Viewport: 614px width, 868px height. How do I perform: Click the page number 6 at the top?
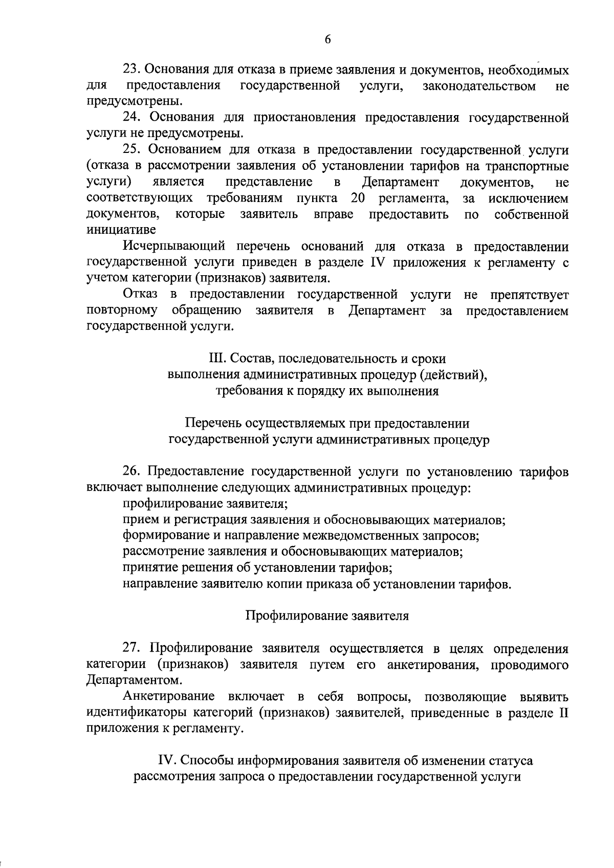(327, 40)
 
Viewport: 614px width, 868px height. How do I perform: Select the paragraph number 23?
(131, 70)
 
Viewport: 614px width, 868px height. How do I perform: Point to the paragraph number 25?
(131, 150)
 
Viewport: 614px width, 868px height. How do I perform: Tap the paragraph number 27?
(131, 649)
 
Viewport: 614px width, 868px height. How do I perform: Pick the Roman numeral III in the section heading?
(212, 359)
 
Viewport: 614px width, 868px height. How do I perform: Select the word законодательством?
(479, 86)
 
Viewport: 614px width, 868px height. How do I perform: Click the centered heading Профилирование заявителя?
(327, 616)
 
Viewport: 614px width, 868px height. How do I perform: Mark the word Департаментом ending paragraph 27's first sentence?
(134, 681)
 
